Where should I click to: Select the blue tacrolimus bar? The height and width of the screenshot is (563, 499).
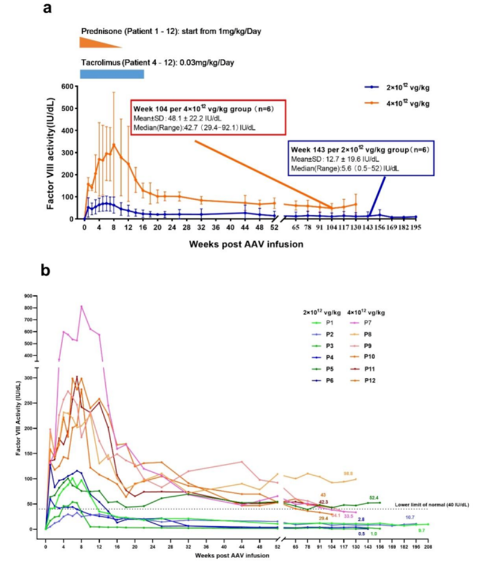112,74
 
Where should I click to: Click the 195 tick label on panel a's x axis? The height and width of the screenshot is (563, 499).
415,228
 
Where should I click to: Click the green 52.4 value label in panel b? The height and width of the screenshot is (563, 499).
374,497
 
